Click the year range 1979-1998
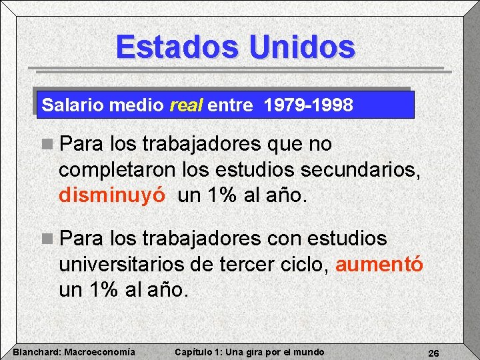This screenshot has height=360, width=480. click(308, 105)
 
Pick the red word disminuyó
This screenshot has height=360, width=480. click(115, 196)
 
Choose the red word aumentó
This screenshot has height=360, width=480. click(379, 264)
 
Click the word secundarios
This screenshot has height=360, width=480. click(361, 170)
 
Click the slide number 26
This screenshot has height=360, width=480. click(433, 353)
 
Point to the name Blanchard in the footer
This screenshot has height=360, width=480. click(37, 352)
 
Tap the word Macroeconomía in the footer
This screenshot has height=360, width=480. click(100, 352)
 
